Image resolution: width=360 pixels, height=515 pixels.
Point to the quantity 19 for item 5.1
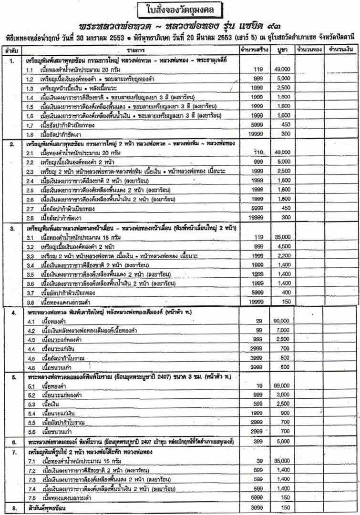[x=260, y=386]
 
